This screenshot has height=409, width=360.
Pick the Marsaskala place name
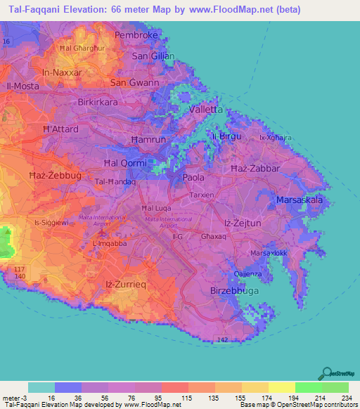point(300,200)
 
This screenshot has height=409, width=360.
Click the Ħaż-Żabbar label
point(255,169)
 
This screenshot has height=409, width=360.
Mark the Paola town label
point(193,178)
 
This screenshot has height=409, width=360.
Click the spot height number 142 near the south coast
point(223,339)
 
